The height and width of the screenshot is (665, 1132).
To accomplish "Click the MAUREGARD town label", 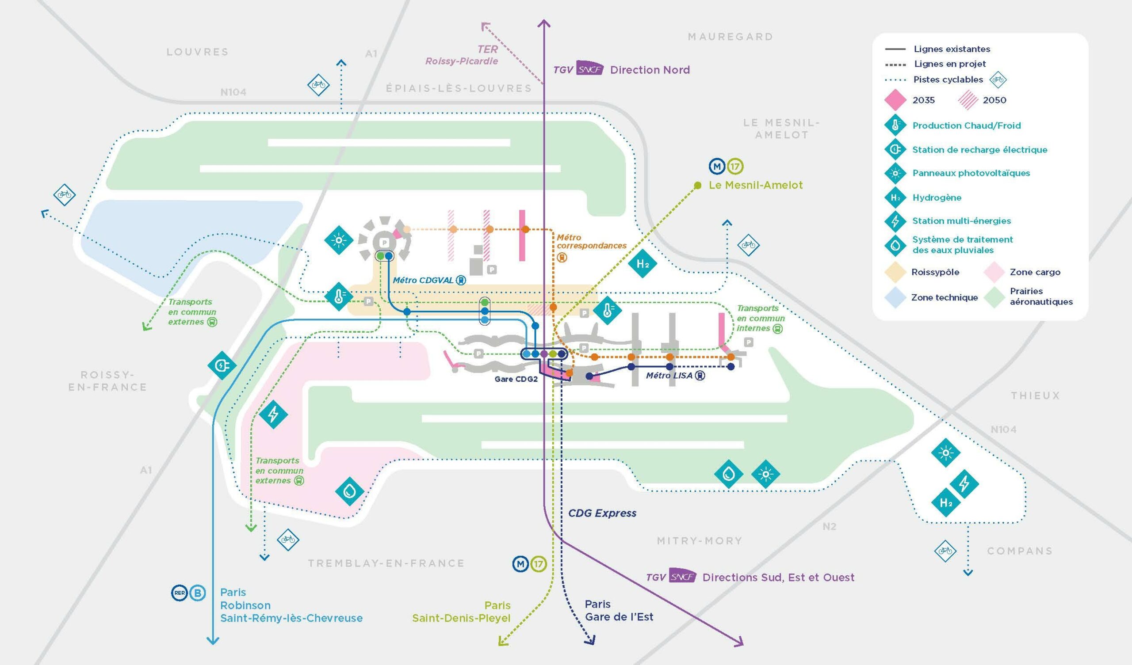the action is coord(730,37).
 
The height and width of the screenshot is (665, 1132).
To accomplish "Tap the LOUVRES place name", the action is coord(198,52).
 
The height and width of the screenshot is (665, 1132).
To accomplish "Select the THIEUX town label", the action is coord(1036,395).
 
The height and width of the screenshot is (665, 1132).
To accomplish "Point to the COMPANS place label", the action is coord(1020,551).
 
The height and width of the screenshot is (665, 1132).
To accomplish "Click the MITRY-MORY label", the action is coord(700,541).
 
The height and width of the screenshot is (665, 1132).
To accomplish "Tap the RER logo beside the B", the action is coord(179,593).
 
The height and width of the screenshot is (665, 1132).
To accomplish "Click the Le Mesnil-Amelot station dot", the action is coord(698,185).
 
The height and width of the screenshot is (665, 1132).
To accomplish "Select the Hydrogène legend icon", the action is coord(895,198).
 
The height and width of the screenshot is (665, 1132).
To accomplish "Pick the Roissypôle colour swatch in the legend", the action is coord(895,273).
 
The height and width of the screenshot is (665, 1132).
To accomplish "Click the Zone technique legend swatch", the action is coord(895,298).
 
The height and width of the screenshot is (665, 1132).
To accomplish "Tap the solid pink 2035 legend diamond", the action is coord(895,100).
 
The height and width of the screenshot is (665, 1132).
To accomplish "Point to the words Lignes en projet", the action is coord(950,64).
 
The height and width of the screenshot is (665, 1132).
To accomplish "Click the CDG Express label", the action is coord(602,513).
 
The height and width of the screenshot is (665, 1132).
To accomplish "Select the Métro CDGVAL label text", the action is coord(423,280).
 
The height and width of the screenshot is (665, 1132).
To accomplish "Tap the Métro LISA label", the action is coord(670,376).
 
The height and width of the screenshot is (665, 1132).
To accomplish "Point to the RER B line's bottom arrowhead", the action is coord(214,640).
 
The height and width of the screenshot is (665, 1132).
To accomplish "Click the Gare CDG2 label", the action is coord(516,379).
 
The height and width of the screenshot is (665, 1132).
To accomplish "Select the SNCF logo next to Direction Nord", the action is coord(590,70).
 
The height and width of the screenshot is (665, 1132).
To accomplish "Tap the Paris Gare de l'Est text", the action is coord(619,611).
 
